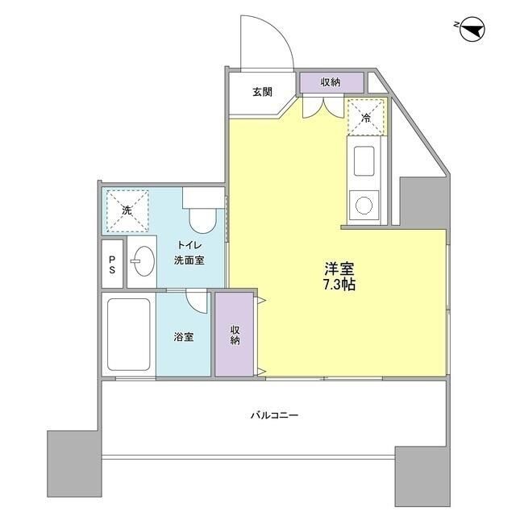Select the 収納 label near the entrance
pyautogui.click(x=330, y=82)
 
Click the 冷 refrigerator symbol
pyautogui.click(x=365, y=116)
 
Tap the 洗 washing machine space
pyautogui.click(x=127, y=210)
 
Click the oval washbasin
pyautogui.click(x=146, y=261)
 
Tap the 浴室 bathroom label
pyautogui.click(x=184, y=336)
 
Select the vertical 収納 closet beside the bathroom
pyautogui.click(x=234, y=334)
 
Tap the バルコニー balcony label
pyautogui.click(x=273, y=416)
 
